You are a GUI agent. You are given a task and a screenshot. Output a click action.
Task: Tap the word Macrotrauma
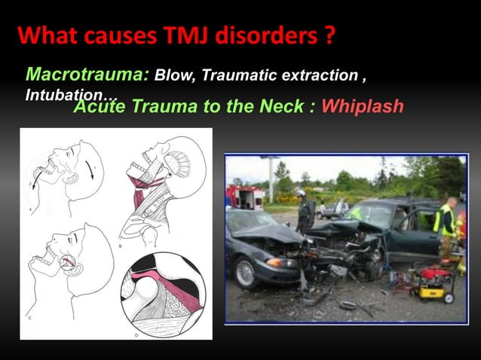(x=87, y=76)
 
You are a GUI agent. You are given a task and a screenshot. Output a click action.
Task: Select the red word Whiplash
(x=363, y=106)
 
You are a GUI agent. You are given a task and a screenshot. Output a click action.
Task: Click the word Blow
(x=170, y=77)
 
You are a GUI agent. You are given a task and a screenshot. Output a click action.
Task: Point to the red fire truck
(x=246, y=197)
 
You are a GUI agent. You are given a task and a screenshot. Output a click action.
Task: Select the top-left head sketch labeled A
(x=64, y=169)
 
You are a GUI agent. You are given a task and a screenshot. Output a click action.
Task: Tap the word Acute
(x=100, y=106)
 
